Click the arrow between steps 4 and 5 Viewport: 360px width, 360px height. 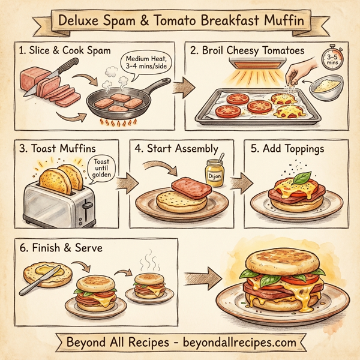click(x=238, y=182)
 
